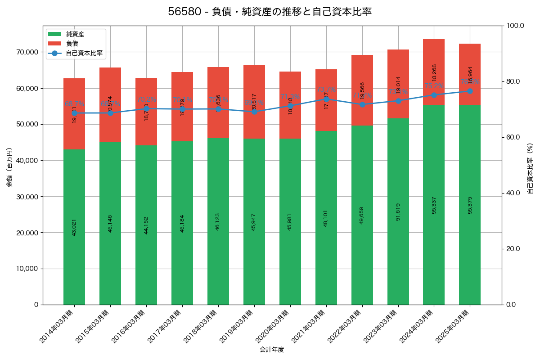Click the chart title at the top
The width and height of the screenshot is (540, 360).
(270, 12)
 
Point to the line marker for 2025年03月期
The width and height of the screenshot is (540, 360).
(470, 91)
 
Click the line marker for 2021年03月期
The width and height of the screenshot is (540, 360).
(326, 99)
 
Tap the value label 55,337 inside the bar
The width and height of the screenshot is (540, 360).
(434, 205)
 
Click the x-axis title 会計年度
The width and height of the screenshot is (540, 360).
(272, 350)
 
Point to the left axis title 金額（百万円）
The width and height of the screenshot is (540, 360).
(9, 167)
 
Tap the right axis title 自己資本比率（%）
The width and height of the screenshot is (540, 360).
(530, 168)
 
